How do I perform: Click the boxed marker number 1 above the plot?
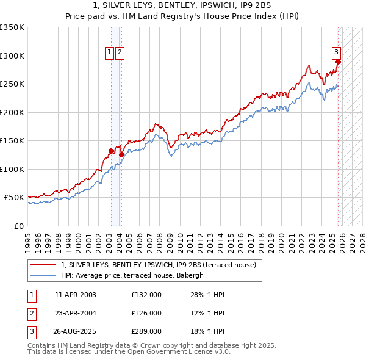(x=109, y=53)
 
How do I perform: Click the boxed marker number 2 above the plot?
(x=120, y=53)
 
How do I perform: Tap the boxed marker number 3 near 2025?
(x=336, y=53)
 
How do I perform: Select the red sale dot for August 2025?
(x=338, y=62)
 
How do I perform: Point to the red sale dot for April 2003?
(x=111, y=151)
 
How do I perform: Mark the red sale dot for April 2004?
(x=121, y=154)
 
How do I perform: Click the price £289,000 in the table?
(x=146, y=333)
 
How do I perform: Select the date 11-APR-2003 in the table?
(x=75, y=295)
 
